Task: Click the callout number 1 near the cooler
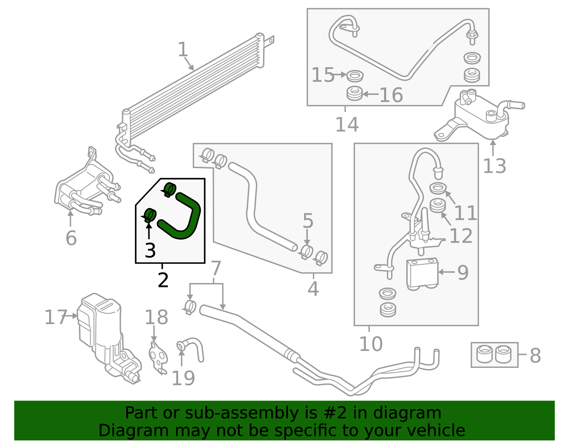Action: coord(182,50)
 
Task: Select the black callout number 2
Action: coord(163,280)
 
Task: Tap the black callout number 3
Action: coord(150,251)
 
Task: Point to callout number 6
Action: coord(71,238)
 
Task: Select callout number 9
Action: coord(463,273)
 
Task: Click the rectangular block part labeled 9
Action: coord(422,273)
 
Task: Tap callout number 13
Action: coord(494,166)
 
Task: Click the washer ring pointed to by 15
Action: coord(355,76)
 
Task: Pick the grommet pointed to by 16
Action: coord(355,94)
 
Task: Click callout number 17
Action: coord(55,317)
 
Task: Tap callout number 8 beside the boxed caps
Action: coord(535,355)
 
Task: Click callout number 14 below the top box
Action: coord(347,124)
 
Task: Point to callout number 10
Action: coord(371,344)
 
